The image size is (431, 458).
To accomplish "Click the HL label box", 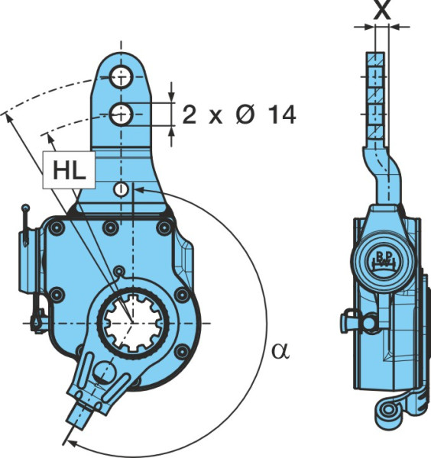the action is (69, 169).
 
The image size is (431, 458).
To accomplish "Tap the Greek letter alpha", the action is (280, 351).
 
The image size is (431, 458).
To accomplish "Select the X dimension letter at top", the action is (382, 10).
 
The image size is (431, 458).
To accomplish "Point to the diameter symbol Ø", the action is (245, 114).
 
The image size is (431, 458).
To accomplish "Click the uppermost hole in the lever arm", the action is (122, 77).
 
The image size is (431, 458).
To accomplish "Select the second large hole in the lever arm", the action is (122, 114).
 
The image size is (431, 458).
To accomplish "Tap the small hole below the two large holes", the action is (121, 189).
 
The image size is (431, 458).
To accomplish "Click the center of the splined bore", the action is (133, 323).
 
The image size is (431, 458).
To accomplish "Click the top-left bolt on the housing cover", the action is (57, 227).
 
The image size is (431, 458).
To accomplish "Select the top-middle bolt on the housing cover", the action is (111, 227).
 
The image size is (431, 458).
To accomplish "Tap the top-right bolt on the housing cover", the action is (164, 227).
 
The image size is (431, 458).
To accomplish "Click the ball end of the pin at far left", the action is (26, 208).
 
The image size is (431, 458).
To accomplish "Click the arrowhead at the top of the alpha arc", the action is (140, 189).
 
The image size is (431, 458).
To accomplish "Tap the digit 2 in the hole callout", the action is (190, 114).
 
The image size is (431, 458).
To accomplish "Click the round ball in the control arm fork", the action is (105, 373).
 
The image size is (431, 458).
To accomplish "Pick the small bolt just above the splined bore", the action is (119, 270).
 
